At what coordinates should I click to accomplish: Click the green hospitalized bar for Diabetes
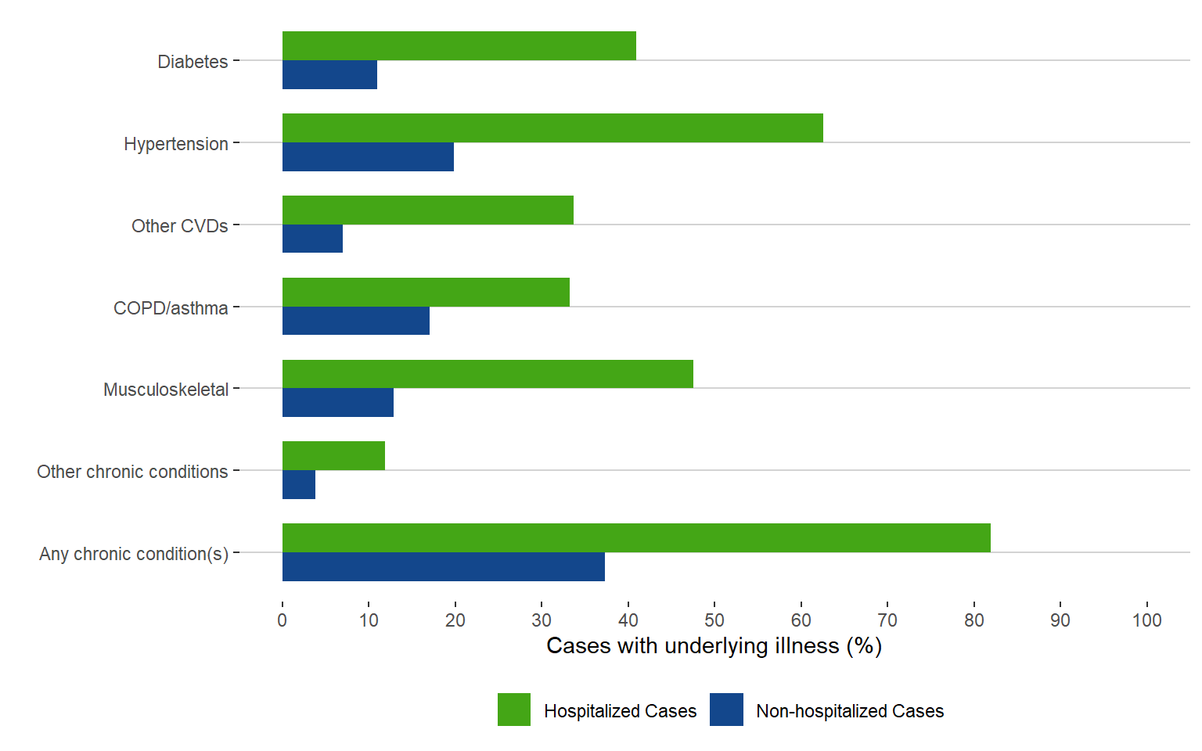(459, 46)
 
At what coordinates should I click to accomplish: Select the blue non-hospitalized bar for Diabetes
(329, 75)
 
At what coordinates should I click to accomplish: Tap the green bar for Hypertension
(552, 128)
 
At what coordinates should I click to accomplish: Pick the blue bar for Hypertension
(368, 157)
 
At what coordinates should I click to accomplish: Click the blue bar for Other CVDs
(312, 239)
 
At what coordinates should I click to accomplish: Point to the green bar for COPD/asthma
(426, 292)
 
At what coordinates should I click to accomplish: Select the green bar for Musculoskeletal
(488, 374)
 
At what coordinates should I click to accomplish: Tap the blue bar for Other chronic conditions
(299, 485)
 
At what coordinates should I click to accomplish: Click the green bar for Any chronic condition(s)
(636, 538)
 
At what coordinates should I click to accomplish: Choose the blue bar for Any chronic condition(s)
(443, 567)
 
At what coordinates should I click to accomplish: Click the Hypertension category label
(176, 144)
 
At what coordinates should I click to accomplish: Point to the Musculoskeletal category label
(166, 390)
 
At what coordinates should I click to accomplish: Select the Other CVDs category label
(180, 226)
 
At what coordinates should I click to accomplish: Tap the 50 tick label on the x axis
(714, 620)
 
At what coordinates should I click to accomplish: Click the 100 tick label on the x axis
(1146, 620)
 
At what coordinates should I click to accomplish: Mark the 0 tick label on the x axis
(283, 620)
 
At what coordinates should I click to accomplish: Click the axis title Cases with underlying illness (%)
(714, 646)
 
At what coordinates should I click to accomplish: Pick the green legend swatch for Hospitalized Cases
(514, 710)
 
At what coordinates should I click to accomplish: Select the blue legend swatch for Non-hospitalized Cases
(726, 710)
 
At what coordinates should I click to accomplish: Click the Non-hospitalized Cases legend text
(850, 711)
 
